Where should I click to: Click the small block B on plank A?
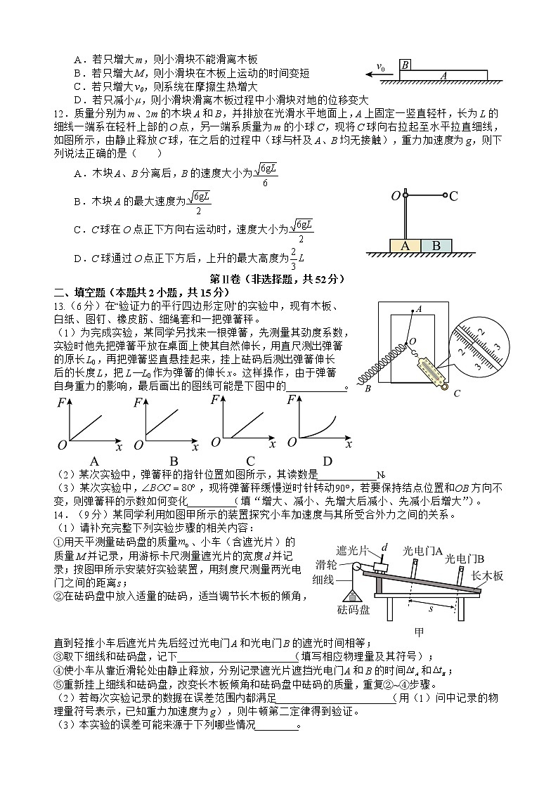[405, 65]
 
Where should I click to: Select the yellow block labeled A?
[405, 246]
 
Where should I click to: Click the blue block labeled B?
[436, 246]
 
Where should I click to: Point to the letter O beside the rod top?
[395, 196]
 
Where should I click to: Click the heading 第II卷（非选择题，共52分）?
[278, 279]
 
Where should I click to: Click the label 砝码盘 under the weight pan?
[353, 610]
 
